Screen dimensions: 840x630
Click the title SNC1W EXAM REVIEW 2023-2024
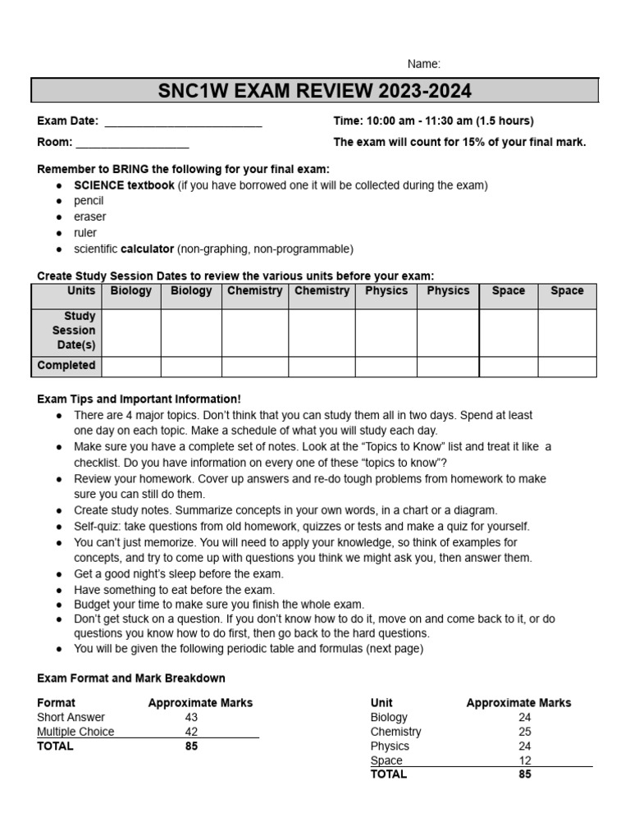click(315, 90)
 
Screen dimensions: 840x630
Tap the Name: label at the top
click(424, 64)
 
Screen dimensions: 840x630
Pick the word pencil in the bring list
click(89, 201)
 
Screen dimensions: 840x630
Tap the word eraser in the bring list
click(89, 217)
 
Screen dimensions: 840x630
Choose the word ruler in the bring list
click(85, 233)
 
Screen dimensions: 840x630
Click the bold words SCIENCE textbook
click(124, 185)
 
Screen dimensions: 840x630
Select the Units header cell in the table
click(81, 291)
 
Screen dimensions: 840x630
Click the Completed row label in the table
click(66, 366)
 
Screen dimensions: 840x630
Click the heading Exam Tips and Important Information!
click(139, 399)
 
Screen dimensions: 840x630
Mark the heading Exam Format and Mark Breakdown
click(131, 678)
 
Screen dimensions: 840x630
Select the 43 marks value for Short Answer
click(192, 718)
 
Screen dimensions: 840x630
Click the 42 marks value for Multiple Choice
click(192, 732)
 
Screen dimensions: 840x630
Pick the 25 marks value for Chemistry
click(524, 732)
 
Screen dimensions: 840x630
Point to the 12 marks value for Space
click(524, 760)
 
